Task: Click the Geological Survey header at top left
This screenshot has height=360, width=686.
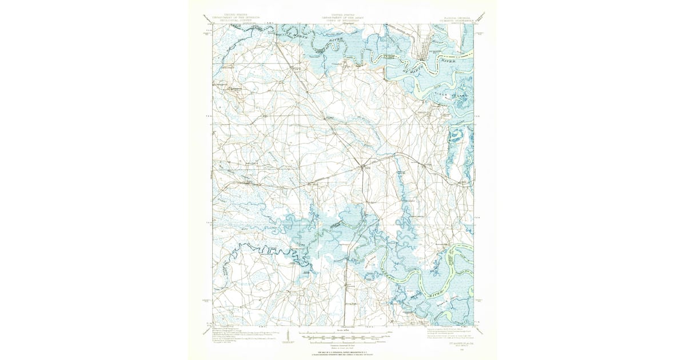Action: [x=236, y=18]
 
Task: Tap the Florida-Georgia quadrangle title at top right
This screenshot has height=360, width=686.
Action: [x=454, y=19]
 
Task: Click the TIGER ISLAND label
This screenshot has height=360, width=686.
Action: [x=452, y=91]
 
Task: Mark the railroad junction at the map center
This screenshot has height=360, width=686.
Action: [x=361, y=167]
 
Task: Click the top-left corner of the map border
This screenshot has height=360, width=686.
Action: [x=213, y=24]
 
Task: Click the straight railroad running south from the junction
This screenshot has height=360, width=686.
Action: [x=352, y=251]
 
